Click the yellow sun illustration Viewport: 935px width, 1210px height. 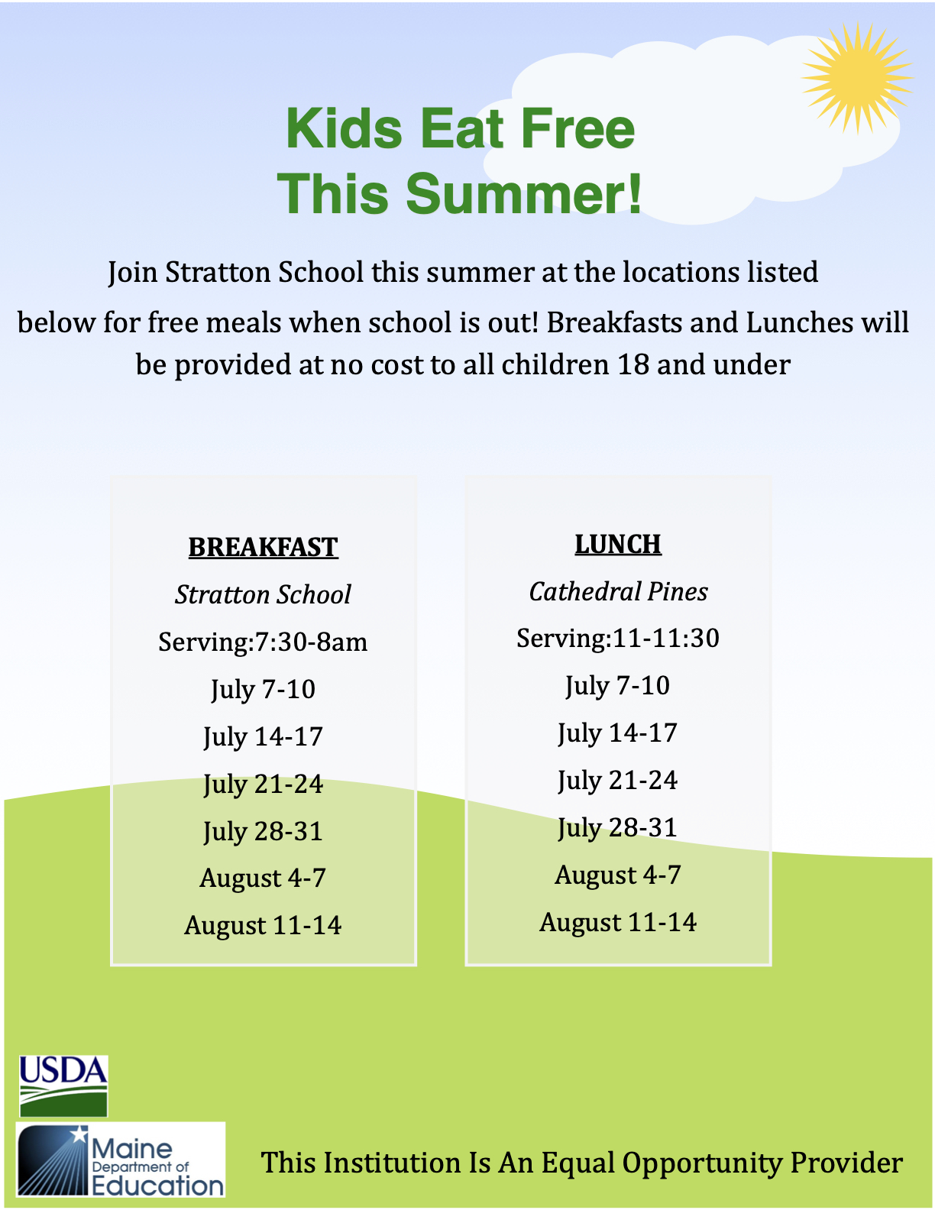click(x=857, y=78)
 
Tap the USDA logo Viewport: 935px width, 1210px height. click(x=63, y=1085)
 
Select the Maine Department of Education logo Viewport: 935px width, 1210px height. click(x=121, y=1159)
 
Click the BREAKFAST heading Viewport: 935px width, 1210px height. click(x=263, y=547)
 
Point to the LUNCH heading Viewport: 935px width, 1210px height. click(x=617, y=544)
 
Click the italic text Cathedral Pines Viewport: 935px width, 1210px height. click(x=618, y=591)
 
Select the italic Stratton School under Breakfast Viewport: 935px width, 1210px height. click(x=263, y=595)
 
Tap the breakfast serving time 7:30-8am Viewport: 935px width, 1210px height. click(x=311, y=642)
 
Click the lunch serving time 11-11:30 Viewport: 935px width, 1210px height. click(x=666, y=638)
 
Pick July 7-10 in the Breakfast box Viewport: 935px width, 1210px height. click(x=263, y=690)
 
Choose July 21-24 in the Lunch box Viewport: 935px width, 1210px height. click(x=617, y=781)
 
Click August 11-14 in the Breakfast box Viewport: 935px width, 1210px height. click(x=263, y=926)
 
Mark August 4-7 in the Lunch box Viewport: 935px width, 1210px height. click(x=617, y=875)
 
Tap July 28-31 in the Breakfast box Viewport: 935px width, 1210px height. click(x=263, y=832)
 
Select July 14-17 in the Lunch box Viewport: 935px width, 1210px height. click(x=617, y=733)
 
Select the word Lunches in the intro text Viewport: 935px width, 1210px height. click(x=799, y=322)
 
